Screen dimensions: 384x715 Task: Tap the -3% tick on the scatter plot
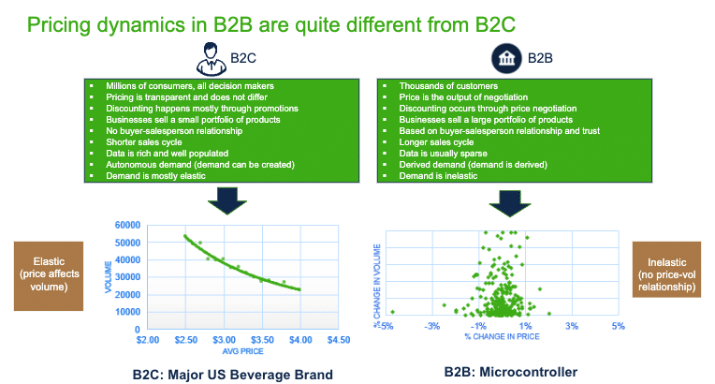[x=431, y=326]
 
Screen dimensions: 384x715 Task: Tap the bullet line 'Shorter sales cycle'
[x=149, y=140]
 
